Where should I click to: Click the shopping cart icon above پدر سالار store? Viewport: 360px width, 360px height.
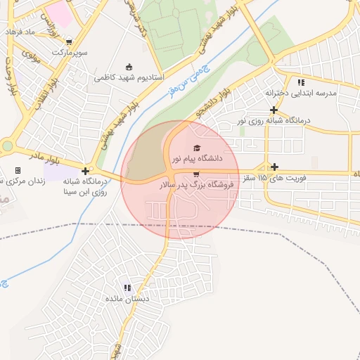pyautogui.click(x=195, y=174)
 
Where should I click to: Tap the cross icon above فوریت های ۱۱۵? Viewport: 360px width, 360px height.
pyautogui.click(x=274, y=167)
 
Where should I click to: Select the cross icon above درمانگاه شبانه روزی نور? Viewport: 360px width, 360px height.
pyautogui.click(x=274, y=110)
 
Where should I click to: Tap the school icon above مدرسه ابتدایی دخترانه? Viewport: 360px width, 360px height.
pyautogui.click(x=302, y=82)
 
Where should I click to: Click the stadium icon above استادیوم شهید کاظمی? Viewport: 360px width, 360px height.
pyautogui.click(x=129, y=67)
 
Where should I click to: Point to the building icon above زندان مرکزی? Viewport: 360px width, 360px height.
pyautogui.click(x=18, y=170)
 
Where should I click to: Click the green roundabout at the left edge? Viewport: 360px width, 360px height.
pyautogui.click(x=7, y=146)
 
